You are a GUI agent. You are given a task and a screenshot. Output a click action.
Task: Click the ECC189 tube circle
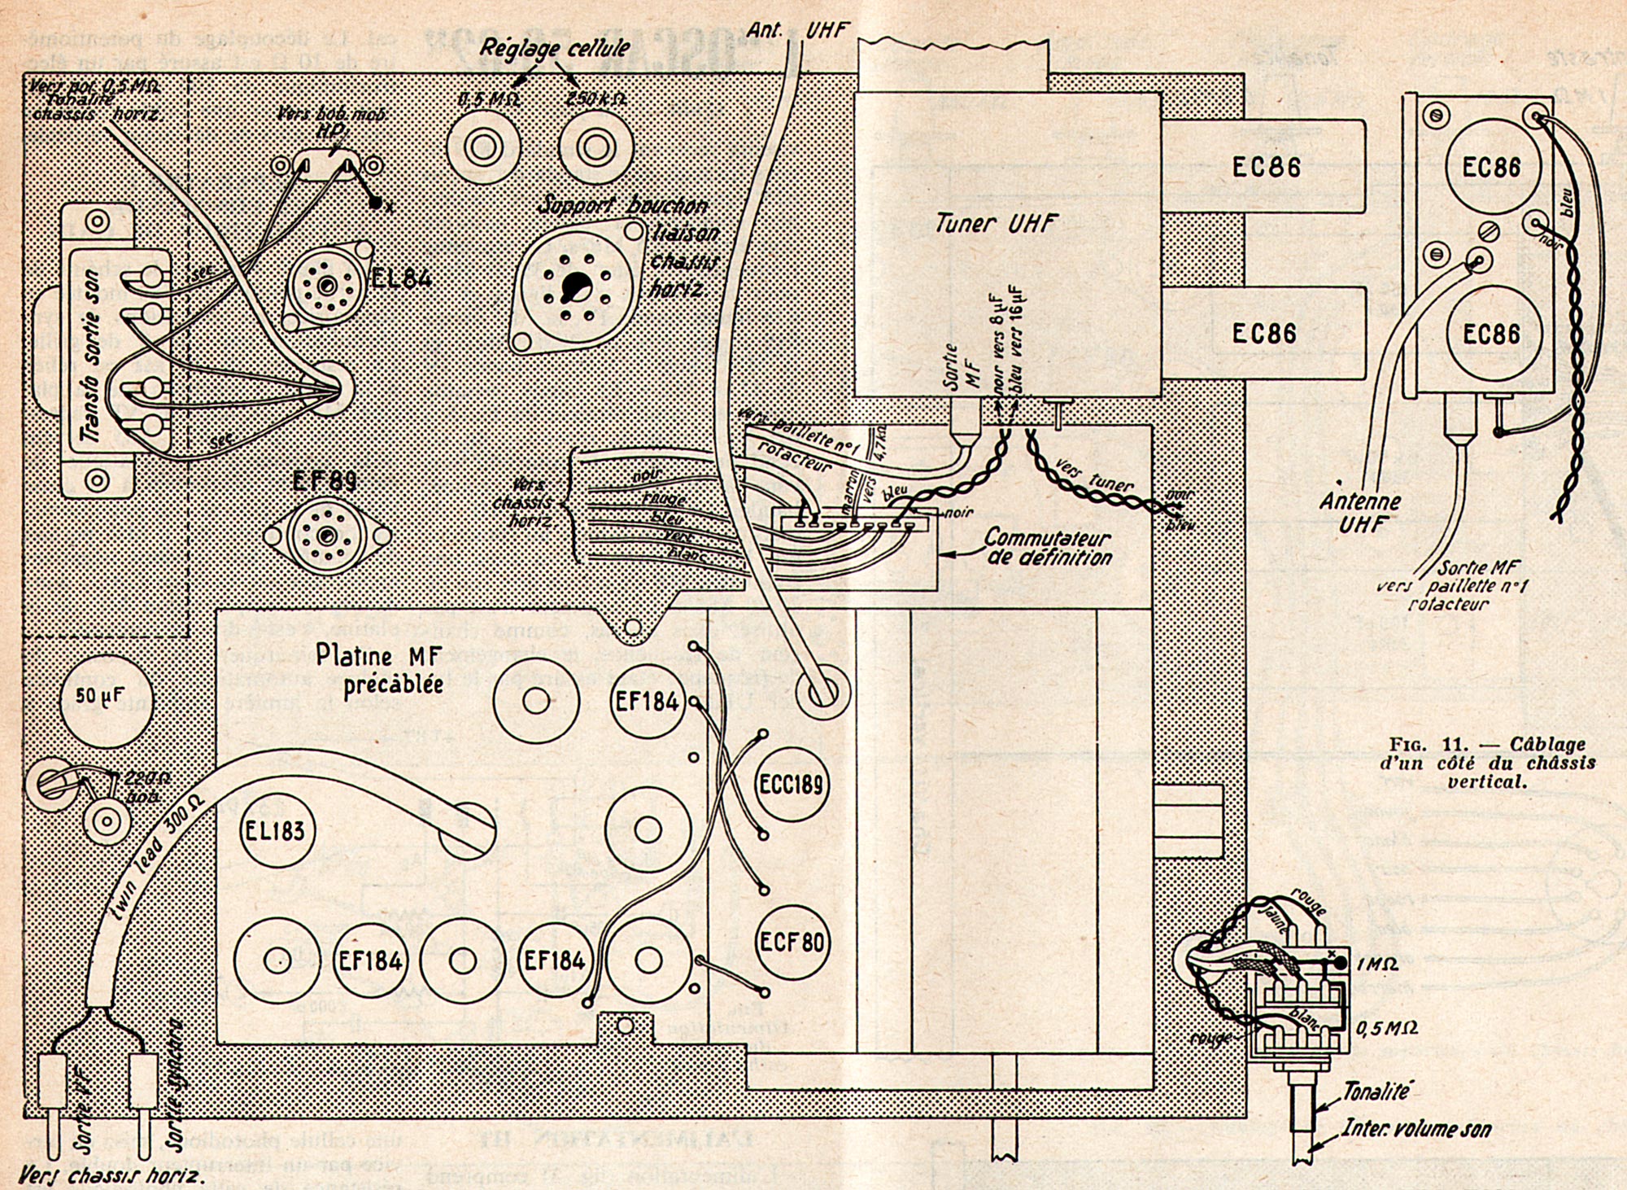pyautogui.click(x=791, y=785)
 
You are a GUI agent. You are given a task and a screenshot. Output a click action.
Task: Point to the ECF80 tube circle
pyautogui.click(x=791, y=943)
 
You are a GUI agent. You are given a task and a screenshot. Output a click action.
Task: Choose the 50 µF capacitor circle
pyautogui.click(x=107, y=698)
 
